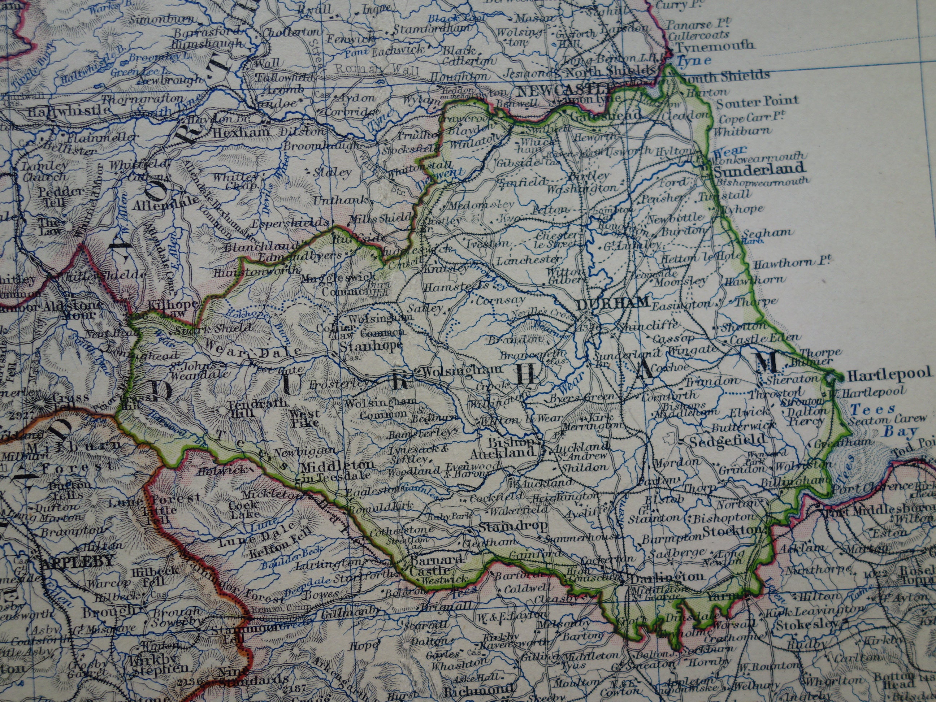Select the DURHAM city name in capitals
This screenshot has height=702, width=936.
click(x=612, y=303)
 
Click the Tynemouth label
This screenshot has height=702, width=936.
click(x=715, y=45)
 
